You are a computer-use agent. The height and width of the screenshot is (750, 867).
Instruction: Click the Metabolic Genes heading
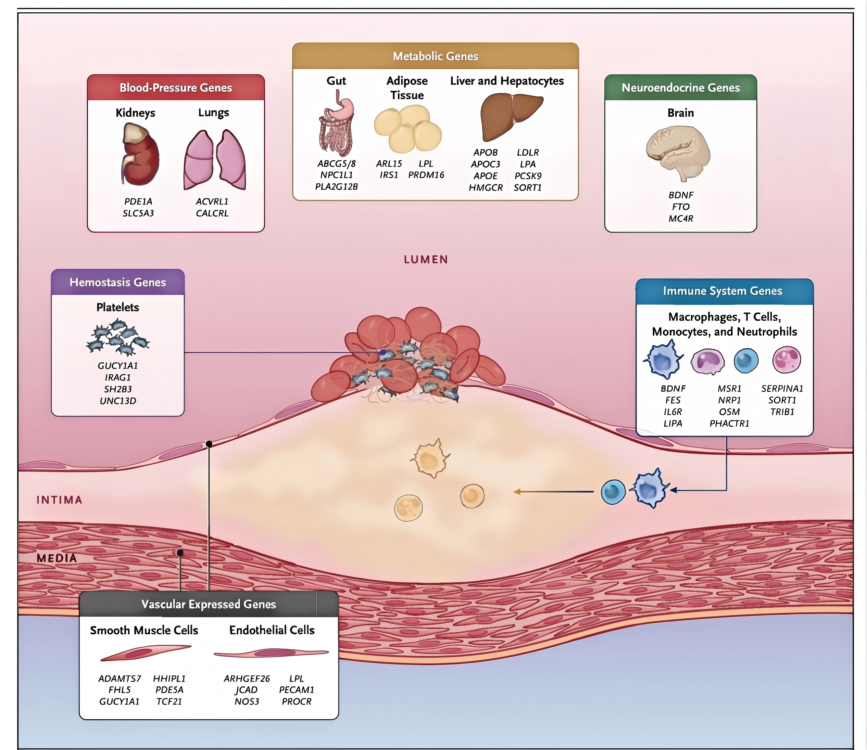(435, 56)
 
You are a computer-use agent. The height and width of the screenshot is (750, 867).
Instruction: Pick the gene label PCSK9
(528, 176)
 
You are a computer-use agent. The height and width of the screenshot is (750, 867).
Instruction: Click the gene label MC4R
(681, 219)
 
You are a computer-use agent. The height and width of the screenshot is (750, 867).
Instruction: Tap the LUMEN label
(426, 259)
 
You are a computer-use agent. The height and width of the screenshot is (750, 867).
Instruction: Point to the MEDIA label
(56, 558)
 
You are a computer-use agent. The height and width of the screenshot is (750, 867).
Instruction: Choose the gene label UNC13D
(118, 401)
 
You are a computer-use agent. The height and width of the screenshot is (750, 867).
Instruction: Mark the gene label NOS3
(247, 701)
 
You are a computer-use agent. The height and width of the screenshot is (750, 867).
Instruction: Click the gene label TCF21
(169, 701)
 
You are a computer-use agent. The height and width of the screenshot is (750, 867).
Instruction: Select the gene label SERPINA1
(782, 388)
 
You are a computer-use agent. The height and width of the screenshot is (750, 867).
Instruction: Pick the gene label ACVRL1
(212, 201)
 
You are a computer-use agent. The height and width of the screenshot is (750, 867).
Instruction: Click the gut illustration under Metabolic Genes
(336, 126)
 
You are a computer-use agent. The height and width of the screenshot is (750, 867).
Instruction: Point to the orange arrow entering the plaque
(553, 492)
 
